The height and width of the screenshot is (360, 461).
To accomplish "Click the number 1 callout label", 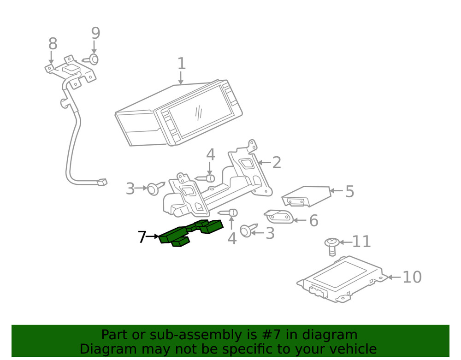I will [x=181, y=64].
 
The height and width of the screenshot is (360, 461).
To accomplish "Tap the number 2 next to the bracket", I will [x=276, y=163].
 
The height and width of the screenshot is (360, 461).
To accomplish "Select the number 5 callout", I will [x=349, y=191].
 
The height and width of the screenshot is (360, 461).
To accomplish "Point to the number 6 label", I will [x=313, y=221].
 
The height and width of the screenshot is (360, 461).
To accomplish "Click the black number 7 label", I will [x=142, y=237].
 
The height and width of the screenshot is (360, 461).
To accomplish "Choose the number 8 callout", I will [x=53, y=44].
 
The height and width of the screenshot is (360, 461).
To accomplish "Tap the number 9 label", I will [x=95, y=33].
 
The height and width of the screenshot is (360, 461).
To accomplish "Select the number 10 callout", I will [x=412, y=277].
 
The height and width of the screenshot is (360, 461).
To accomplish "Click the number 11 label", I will [x=361, y=241].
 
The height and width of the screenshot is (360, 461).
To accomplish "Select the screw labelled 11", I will [x=331, y=245].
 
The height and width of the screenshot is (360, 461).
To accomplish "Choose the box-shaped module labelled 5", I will [x=307, y=196].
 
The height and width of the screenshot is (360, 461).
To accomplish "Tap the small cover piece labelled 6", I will [x=279, y=216].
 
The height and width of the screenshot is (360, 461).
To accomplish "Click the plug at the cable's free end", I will [x=102, y=182].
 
